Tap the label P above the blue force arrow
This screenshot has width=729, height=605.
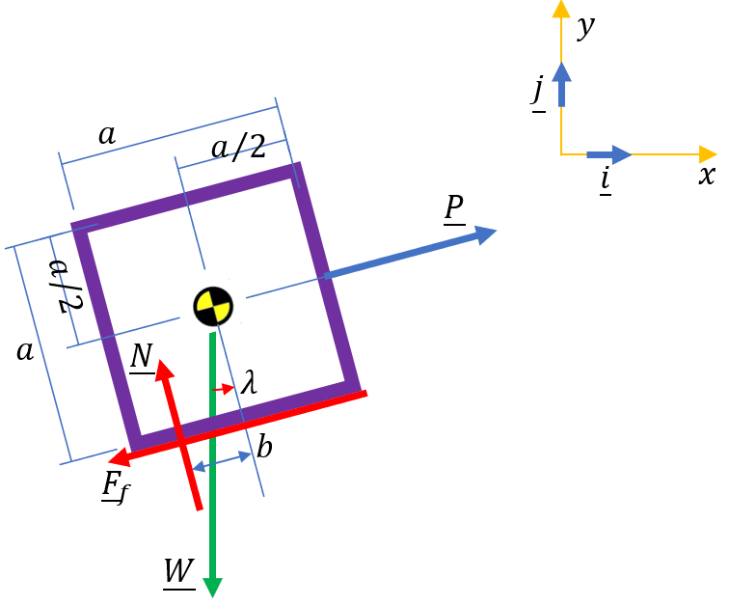tap(454, 207)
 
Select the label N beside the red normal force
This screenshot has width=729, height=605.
tap(142, 357)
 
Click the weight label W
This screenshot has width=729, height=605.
tap(178, 571)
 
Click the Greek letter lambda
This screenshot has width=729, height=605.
tap(249, 384)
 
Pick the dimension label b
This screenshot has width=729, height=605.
tap(264, 447)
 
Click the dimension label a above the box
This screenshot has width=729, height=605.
tap(107, 135)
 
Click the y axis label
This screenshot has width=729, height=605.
tap(584, 27)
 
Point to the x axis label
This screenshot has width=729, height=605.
tap(706, 175)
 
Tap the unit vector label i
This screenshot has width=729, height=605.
tap(605, 179)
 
